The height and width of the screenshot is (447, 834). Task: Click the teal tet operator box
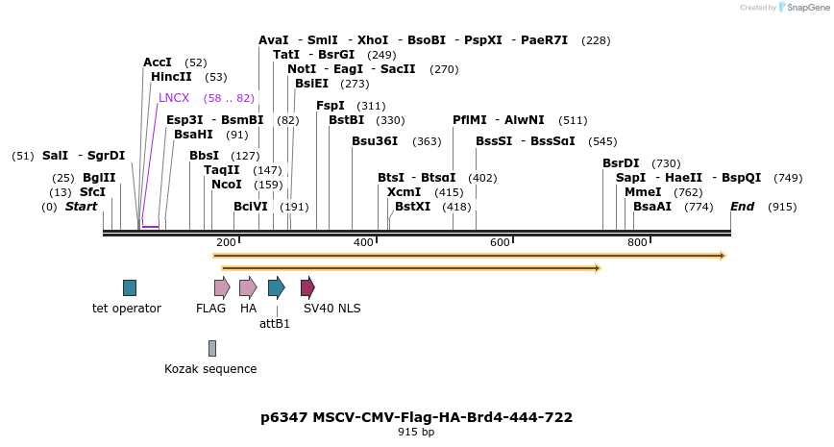pyautogui.click(x=130, y=287)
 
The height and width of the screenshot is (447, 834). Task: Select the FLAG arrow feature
pyautogui.click(x=222, y=286)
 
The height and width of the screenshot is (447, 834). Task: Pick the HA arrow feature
pyautogui.click(x=248, y=286)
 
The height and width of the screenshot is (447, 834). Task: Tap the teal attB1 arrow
pyautogui.click(x=277, y=286)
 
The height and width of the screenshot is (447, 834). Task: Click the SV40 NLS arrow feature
pyautogui.click(x=307, y=286)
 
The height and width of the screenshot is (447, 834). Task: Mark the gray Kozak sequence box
pyautogui.click(x=212, y=348)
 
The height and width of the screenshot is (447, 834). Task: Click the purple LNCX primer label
pyautogui.click(x=174, y=98)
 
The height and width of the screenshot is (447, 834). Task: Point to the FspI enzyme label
pyautogui.click(x=331, y=106)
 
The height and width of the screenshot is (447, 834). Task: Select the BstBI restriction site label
pyautogui.click(x=347, y=120)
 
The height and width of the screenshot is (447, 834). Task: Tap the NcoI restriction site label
pyautogui.click(x=227, y=185)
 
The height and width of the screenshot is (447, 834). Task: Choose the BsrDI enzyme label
pyautogui.click(x=621, y=163)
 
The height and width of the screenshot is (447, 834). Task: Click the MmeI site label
pyautogui.click(x=643, y=192)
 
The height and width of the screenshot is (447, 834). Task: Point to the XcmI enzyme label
pyautogui.click(x=404, y=192)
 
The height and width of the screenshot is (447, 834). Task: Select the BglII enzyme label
pyautogui.click(x=98, y=178)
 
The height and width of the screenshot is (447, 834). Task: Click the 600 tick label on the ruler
pyautogui.click(x=500, y=242)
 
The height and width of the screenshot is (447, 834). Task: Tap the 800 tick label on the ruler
pyautogui.click(x=637, y=242)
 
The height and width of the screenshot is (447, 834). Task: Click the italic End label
pyautogui.click(x=743, y=207)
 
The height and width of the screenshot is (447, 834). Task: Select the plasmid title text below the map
pyautogui.click(x=417, y=417)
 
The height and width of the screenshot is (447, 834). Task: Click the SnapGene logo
pyautogui.click(x=803, y=8)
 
